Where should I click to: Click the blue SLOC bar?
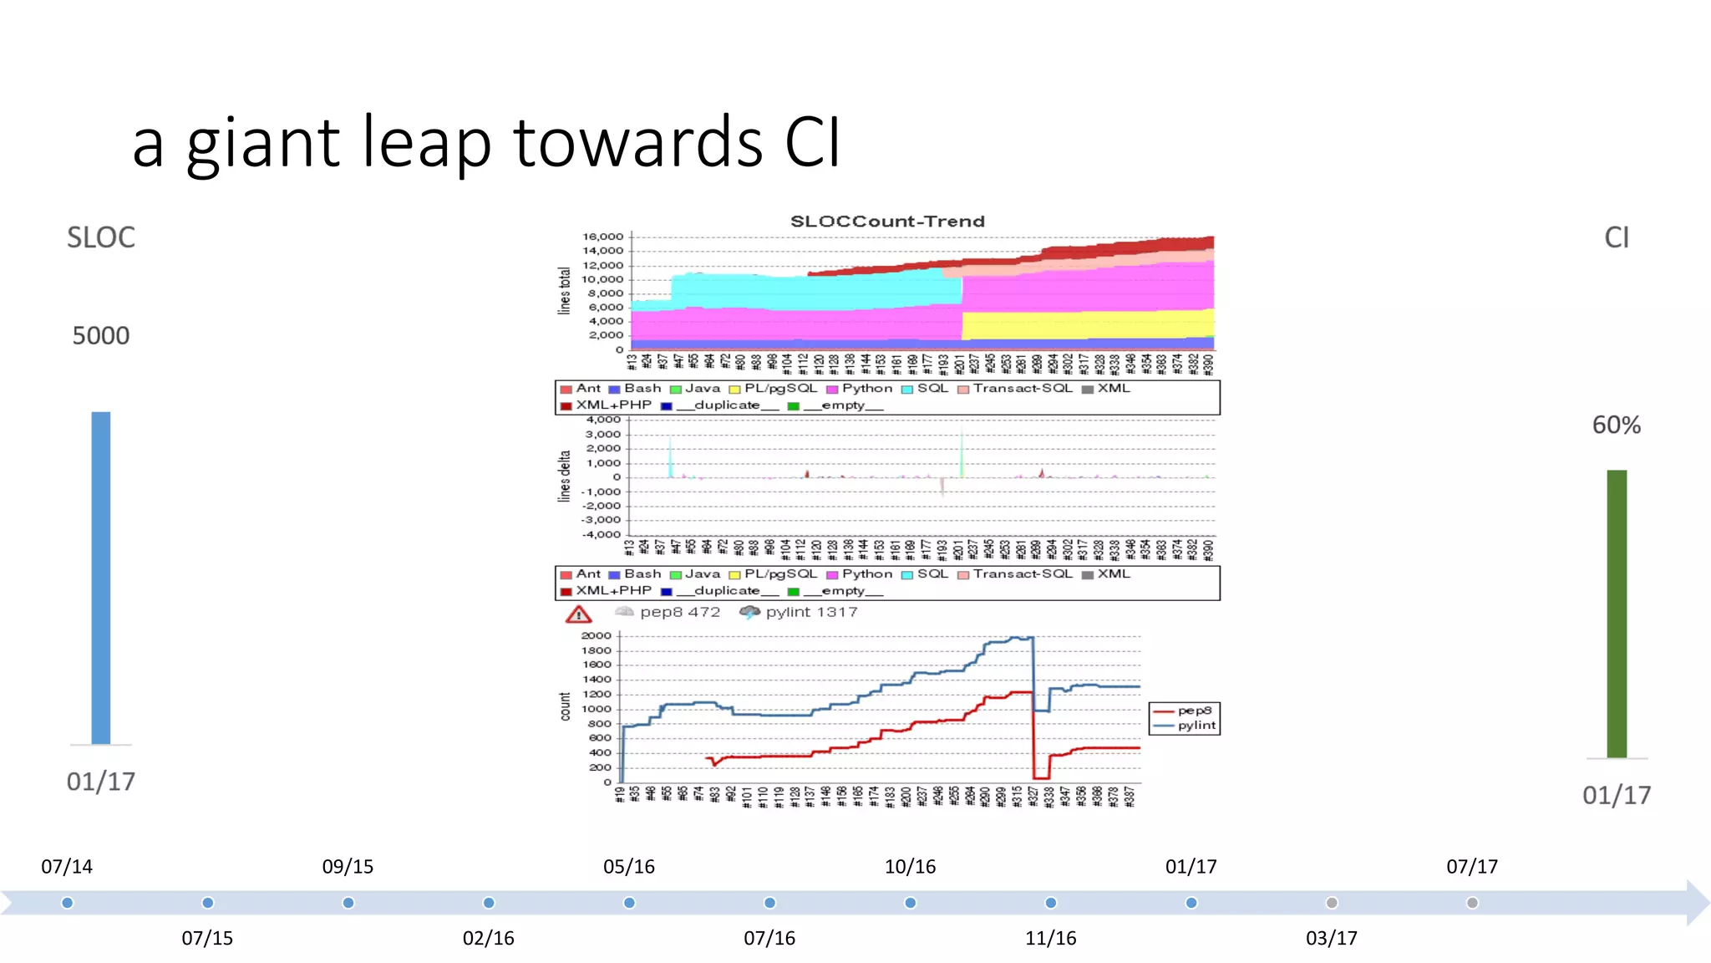pyautogui.click(x=101, y=577)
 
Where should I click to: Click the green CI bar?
pyautogui.click(x=1617, y=614)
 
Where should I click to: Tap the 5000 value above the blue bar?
pyautogui.click(x=101, y=336)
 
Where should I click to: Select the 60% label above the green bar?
pyautogui.click(x=1617, y=425)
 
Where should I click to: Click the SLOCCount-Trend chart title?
pyautogui.click(x=887, y=222)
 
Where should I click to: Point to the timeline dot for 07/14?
pyautogui.click(x=68, y=903)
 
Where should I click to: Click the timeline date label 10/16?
pyautogui.click(x=910, y=867)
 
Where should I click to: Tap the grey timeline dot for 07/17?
pyautogui.click(x=1472, y=903)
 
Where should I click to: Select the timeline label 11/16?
pyautogui.click(x=1050, y=939)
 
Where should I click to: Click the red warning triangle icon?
pyautogui.click(x=578, y=615)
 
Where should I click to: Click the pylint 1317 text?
pyautogui.click(x=811, y=612)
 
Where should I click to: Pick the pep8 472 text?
pyautogui.click(x=679, y=612)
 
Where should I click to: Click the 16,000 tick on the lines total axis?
pyautogui.click(x=603, y=237)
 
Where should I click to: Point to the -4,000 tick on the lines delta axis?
pyautogui.click(x=602, y=534)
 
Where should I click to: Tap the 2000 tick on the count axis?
pyautogui.click(x=596, y=636)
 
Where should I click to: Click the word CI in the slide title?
pyautogui.click(x=812, y=142)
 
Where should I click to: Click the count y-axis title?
pyautogui.click(x=566, y=706)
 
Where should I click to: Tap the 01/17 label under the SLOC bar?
pyautogui.click(x=101, y=782)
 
